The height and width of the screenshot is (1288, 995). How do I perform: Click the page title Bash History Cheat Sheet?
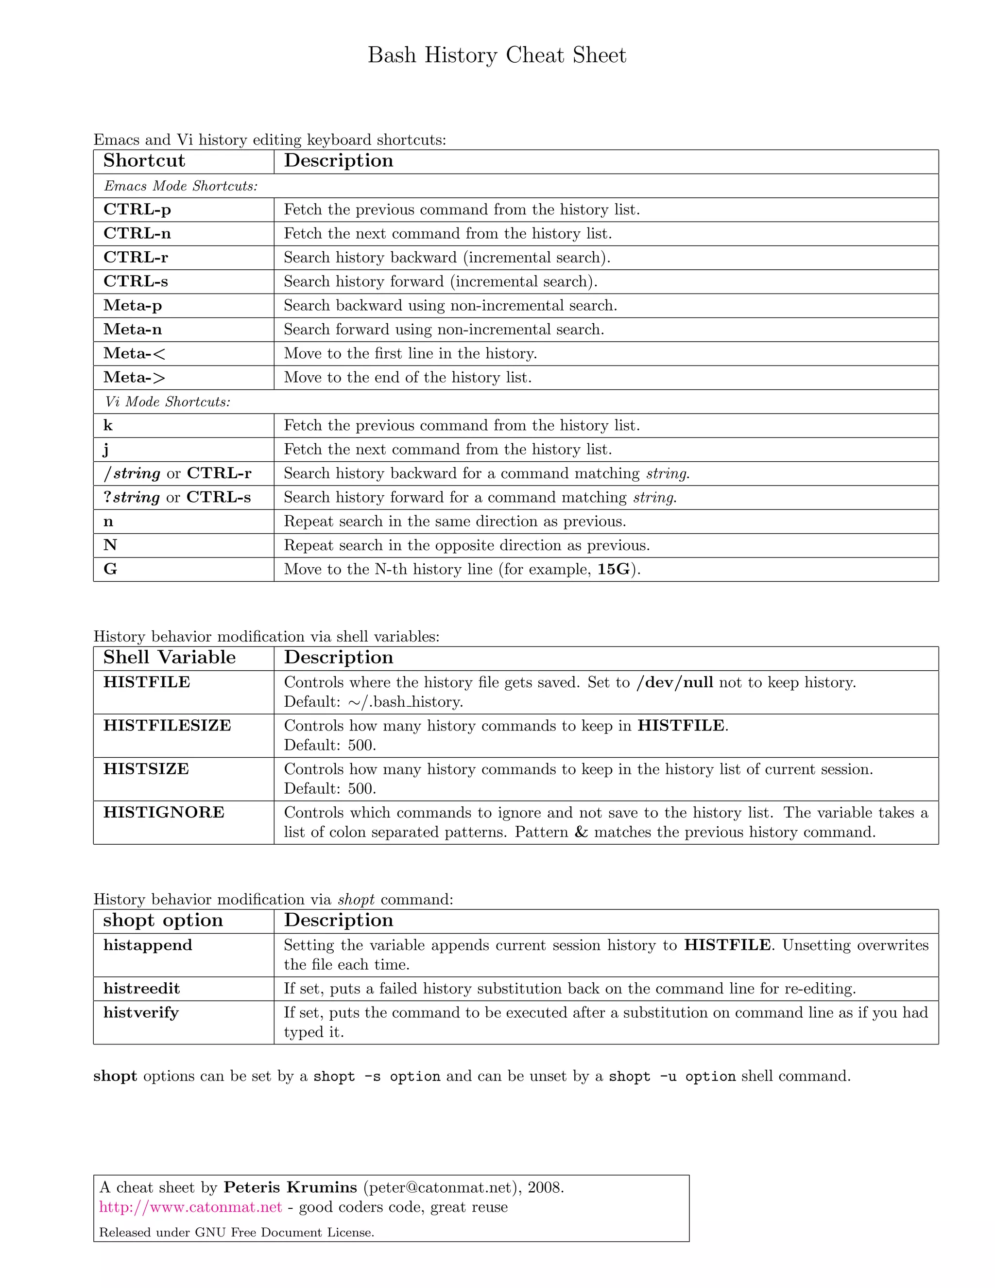click(x=497, y=55)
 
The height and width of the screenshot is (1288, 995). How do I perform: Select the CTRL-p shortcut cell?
click(x=137, y=209)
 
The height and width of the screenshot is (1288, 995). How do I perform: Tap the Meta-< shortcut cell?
click(x=135, y=353)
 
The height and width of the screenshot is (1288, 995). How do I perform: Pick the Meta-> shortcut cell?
click(x=135, y=378)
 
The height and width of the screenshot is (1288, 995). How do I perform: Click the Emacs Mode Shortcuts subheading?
click(x=181, y=186)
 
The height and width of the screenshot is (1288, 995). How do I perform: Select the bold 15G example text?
click(x=614, y=569)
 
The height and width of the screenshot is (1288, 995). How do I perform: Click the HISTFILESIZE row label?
click(x=168, y=725)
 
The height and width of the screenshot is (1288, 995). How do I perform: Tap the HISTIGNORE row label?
click(x=164, y=812)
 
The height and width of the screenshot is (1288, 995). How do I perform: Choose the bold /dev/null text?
click(x=674, y=682)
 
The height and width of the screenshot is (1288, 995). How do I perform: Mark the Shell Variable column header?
click(x=169, y=658)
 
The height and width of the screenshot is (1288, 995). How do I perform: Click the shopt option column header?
click(x=163, y=920)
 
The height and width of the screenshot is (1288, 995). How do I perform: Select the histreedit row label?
click(x=141, y=989)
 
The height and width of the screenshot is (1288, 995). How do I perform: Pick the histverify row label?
click(x=141, y=1012)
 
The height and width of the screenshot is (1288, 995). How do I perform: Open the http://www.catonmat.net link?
click(x=190, y=1207)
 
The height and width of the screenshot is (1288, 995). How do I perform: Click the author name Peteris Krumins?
click(x=290, y=1187)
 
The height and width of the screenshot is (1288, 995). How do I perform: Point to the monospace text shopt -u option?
click(x=672, y=1076)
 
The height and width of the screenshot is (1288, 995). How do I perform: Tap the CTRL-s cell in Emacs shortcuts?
click(x=136, y=281)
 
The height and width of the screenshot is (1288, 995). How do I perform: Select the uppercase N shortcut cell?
click(x=110, y=545)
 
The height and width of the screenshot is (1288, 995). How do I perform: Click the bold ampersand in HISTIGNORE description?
click(x=581, y=832)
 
